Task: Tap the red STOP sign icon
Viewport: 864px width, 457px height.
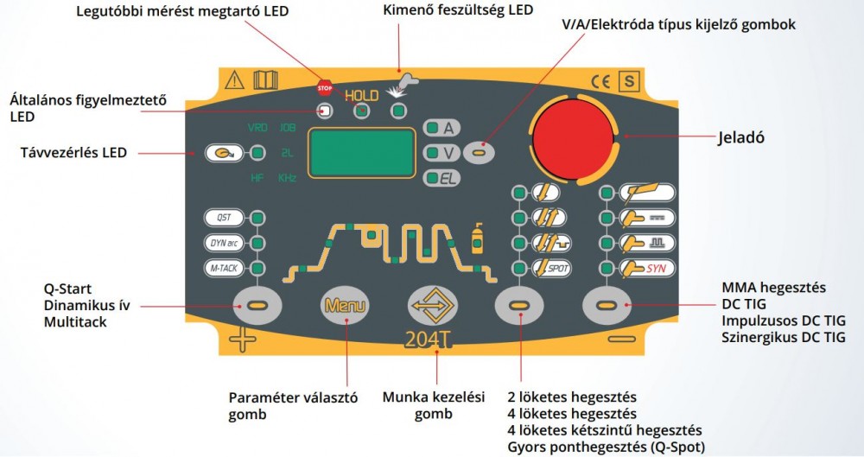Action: (325, 87)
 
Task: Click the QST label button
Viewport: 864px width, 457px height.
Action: (223, 217)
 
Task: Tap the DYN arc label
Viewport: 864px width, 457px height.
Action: (223, 243)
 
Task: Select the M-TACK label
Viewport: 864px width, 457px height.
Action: (223, 269)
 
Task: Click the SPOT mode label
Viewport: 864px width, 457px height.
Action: (551, 269)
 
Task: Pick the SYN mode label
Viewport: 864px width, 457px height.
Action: (649, 269)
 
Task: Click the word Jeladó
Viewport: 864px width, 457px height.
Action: (744, 137)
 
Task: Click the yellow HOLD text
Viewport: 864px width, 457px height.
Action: (363, 94)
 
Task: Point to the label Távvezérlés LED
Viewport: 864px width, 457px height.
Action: (73, 153)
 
